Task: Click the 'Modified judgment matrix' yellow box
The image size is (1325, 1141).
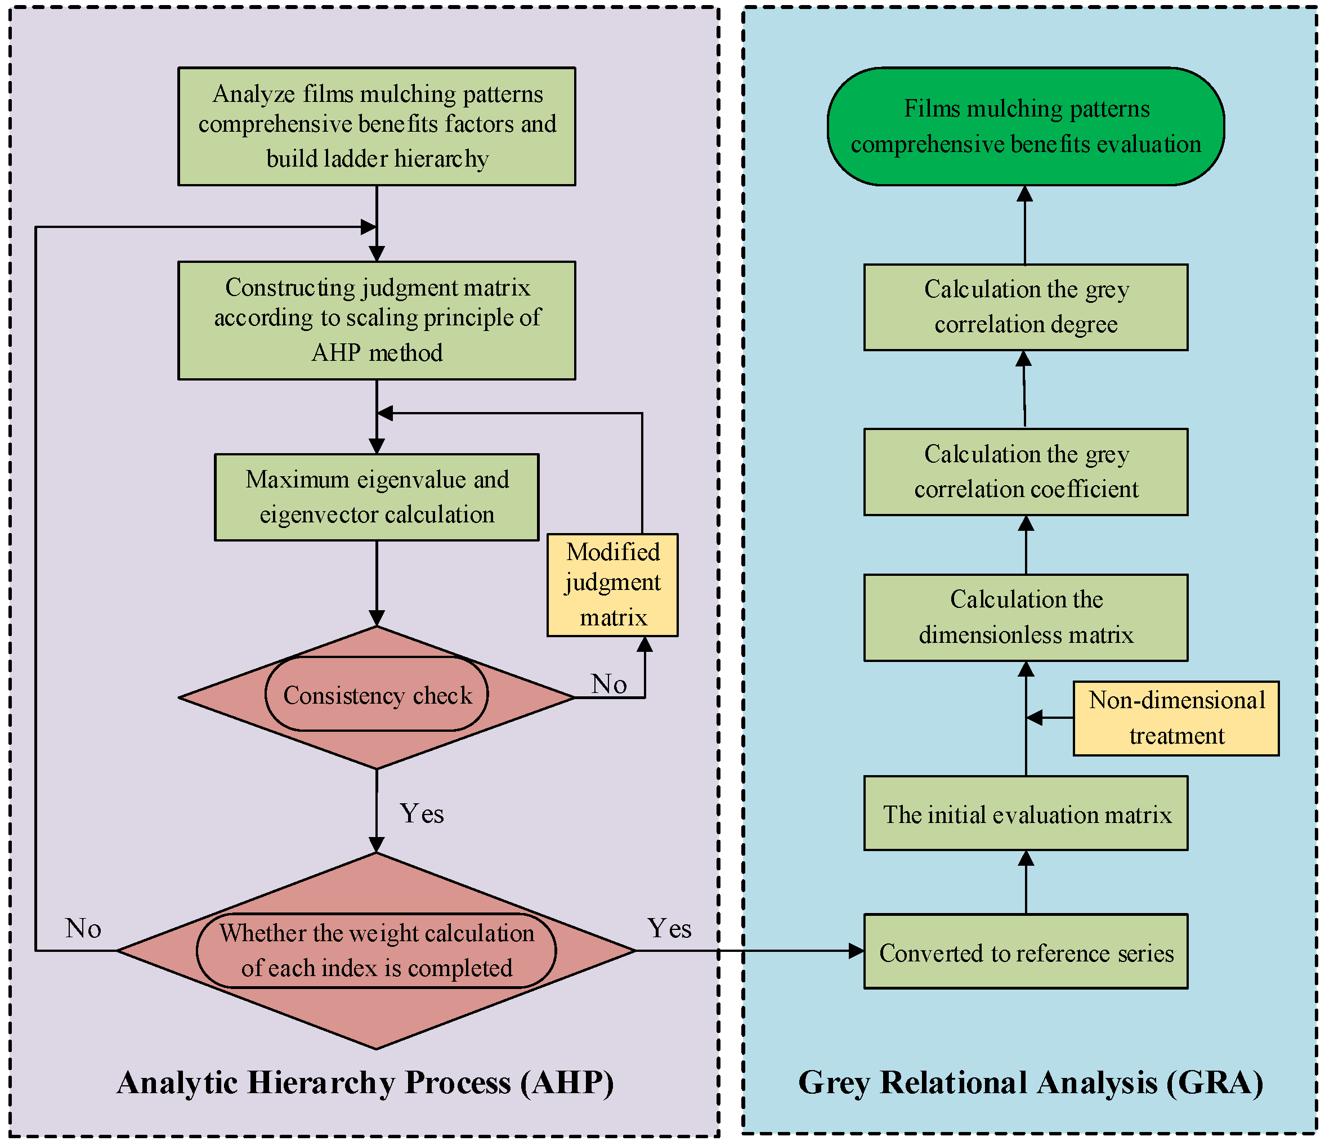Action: tap(612, 584)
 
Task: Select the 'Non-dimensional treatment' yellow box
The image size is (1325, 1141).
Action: tap(1176, 718)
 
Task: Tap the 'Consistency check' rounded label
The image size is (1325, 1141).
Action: tap(377, 694)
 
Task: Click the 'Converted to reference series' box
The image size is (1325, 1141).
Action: tap(1026, 951)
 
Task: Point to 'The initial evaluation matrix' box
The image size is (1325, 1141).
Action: tap(1026, 813)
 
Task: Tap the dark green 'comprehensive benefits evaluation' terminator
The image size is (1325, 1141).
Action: tap(1026, 127)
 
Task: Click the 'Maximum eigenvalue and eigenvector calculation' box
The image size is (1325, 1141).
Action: tap(377, 497)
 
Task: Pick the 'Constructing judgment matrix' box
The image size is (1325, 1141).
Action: tap(377, 320)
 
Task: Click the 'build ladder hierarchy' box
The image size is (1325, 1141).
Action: tap(377, 127)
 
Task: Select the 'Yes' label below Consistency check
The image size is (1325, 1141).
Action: tap(422, 813)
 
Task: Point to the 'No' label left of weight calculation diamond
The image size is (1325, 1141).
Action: tap(83, 928)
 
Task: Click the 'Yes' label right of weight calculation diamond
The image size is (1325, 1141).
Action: tap(669, 928)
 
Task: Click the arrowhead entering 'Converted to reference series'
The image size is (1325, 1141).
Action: tap(856, 951)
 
